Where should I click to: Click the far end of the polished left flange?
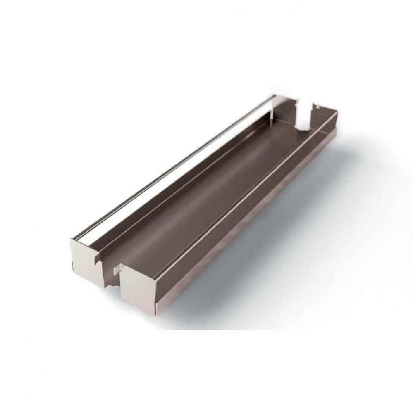[x=273, y=97]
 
